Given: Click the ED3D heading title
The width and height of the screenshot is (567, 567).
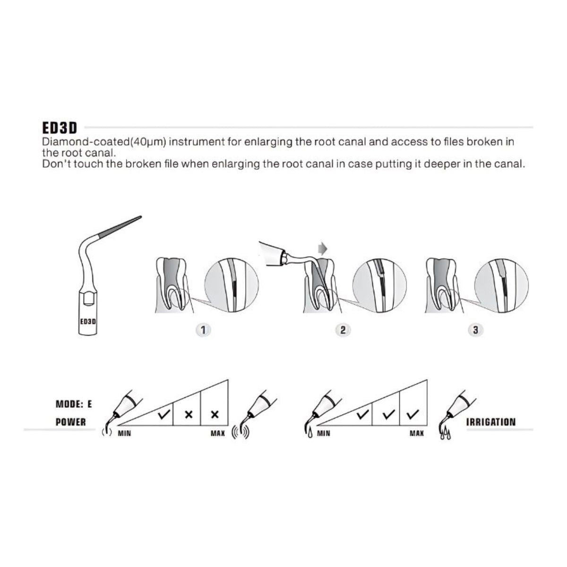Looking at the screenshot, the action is click(x=60, y=128).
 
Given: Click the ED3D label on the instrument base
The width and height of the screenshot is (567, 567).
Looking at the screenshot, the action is click(x=88, y=321).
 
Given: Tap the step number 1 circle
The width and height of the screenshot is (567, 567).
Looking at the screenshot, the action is click(x=203, y=330).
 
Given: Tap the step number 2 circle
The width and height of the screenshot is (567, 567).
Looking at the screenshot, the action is click(x=343, y=330).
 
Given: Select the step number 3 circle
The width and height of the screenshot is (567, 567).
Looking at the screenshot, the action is click(x=475, y=330).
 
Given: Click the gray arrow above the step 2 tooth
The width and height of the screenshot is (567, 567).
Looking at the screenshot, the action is click(x=322, y=249).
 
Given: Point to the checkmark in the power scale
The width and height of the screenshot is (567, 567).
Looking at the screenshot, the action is click(x=163, y=414).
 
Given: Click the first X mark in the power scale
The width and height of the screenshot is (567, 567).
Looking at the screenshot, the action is click(x=189, y=415).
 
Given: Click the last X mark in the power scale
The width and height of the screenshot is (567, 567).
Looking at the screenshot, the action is click(x=215, y=415).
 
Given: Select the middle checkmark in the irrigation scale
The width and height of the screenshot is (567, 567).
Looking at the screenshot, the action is click(x=389, y=414).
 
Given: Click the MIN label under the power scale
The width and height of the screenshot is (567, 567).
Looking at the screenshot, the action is click(x=124, y=433).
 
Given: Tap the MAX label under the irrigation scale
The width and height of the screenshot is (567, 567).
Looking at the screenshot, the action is click(x=417, y=433).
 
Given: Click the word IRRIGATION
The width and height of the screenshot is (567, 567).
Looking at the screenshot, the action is click(x=491, y=422).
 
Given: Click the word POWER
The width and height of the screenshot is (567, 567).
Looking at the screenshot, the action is click(x=70, y=422).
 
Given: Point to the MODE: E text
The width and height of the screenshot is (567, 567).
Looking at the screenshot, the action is click(x=74, y=404).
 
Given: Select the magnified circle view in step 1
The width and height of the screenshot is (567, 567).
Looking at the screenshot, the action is click(x=231, y=285).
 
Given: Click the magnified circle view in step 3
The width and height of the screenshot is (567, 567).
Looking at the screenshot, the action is click(x=501, y=285).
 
